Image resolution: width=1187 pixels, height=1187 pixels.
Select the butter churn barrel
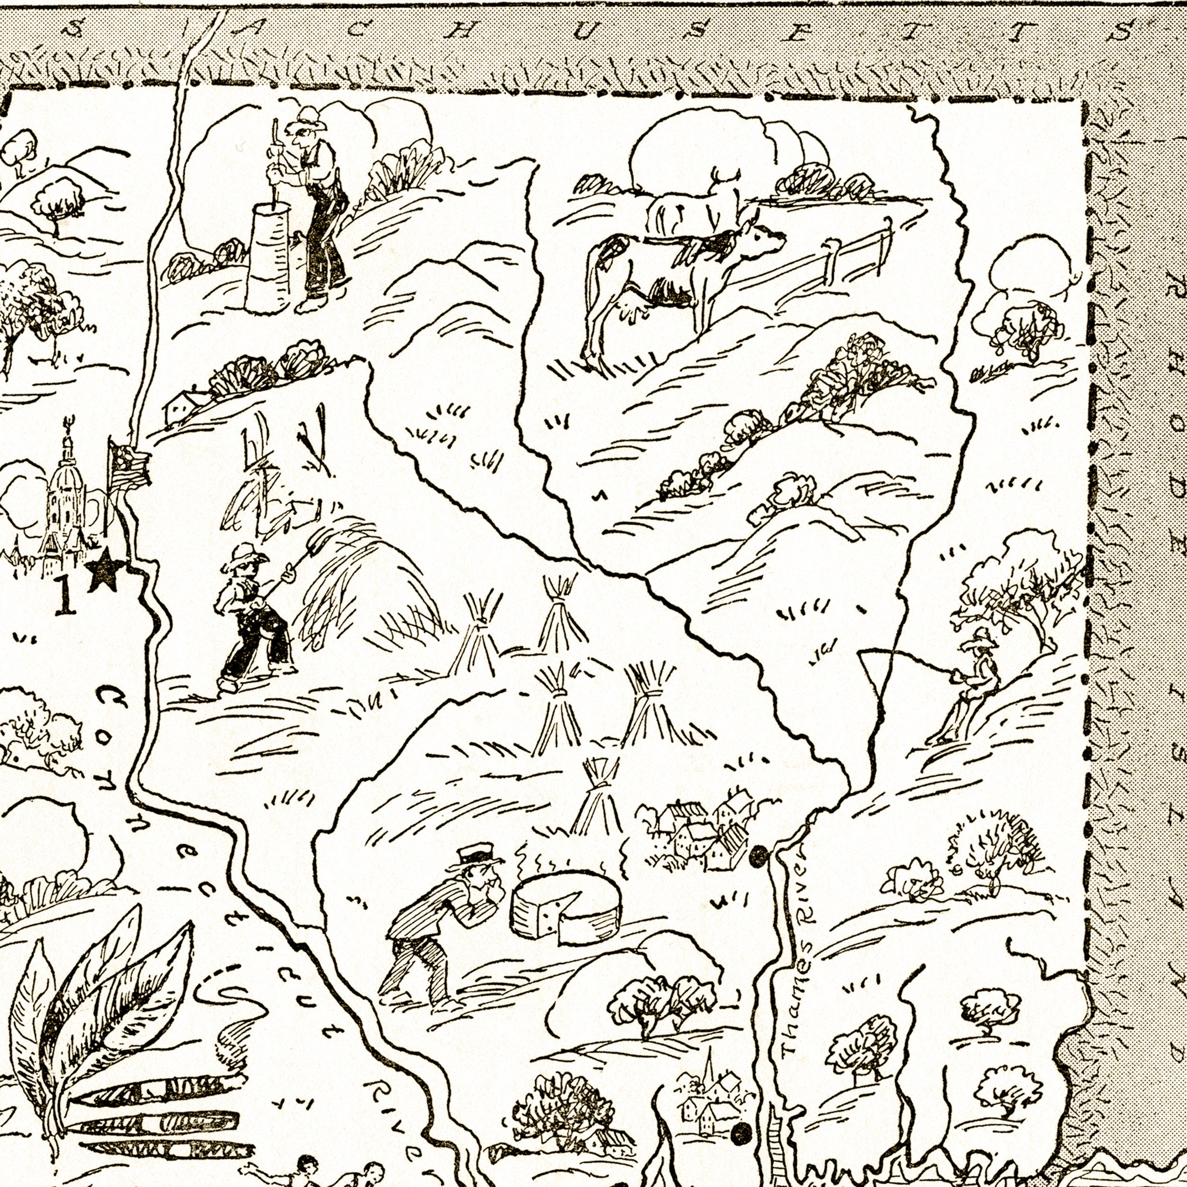coord(268,258)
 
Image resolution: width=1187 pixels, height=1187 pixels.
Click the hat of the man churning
coord(307,118)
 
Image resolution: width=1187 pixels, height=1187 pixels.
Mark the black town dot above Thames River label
coord(759,855)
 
